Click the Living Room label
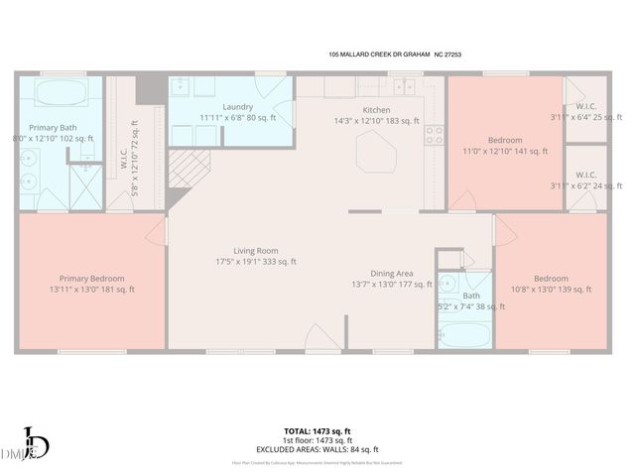pos(256,251)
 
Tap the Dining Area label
pos(391,273)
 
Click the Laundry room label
pos(238,107)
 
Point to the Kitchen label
pos(376,110)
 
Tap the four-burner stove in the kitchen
pos(434,136)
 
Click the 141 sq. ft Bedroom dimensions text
pos(505,151)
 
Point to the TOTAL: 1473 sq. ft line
pos(317,430)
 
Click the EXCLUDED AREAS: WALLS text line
pos(317,448)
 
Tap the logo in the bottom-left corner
pos(32,444)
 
